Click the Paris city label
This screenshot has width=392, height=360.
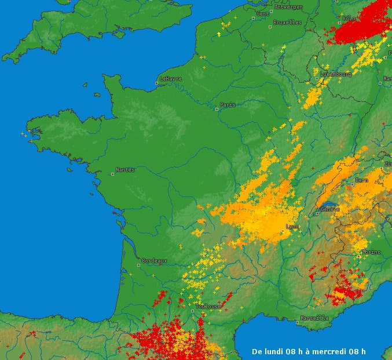pos(228,105)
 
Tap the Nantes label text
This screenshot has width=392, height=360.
pos(125,170)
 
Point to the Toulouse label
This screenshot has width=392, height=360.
pos(208,306)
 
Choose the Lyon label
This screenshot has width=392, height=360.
pos(292,227)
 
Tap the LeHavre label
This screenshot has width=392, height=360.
pos(171,79)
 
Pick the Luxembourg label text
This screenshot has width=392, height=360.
pos(335,74)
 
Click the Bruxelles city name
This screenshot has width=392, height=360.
pos(287,23)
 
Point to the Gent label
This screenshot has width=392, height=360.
pos(262,13)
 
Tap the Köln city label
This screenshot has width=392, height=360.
pos(349,18)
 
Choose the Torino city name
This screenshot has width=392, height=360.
pos(371,252)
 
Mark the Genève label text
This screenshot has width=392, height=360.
pos(329,209)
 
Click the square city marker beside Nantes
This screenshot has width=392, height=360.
pos(113,173)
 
